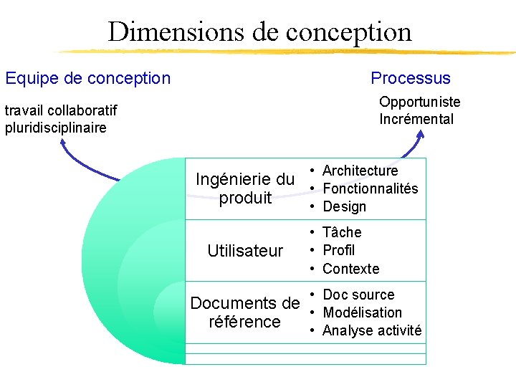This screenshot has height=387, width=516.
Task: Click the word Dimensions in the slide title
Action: (x=176, y=32)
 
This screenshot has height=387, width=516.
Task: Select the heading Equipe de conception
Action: (x=87, y=78)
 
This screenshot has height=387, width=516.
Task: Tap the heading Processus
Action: (x=411, y=78)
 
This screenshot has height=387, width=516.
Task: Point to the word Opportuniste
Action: (x=419, y=102)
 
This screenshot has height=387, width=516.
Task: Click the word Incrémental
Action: (x=416, y=119)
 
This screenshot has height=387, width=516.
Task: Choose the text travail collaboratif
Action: (x=61, y=110)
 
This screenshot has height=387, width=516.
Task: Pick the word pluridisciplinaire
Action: (x=55, y=128)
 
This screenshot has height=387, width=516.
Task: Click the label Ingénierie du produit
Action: (x=245, y=188)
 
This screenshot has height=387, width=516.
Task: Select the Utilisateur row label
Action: (x=245, y=251)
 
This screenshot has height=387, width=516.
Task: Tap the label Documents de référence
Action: (x=244, y=312)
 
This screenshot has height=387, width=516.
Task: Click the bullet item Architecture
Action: (x=360, y=171)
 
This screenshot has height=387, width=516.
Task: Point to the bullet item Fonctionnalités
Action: (x=370, y=188)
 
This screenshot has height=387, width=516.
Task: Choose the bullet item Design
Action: (x=344, y=206)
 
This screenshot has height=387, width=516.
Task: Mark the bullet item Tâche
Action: (x=342, y=232)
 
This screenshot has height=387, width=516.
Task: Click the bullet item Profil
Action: (x=339, y=250)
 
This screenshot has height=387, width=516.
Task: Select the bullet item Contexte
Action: (x=350, y=269)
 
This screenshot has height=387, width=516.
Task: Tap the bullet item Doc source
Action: (x=358, y=295)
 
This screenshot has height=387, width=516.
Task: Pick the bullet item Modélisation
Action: (x=362, y=312)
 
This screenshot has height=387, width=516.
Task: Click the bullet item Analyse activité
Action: (x=372, y=330)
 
